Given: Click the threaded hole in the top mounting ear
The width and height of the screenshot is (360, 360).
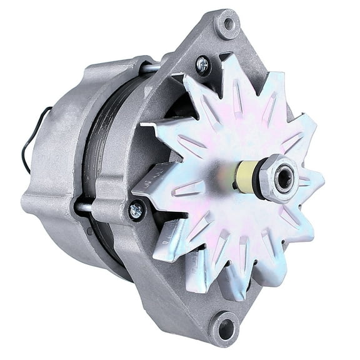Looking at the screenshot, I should click(227, 24).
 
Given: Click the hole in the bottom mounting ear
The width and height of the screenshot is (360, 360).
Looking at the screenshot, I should click(226, 328).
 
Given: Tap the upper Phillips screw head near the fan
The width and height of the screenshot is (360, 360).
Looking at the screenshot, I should click(202, 64).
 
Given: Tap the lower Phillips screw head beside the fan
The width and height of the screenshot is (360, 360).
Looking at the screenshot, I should click(136, 211).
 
